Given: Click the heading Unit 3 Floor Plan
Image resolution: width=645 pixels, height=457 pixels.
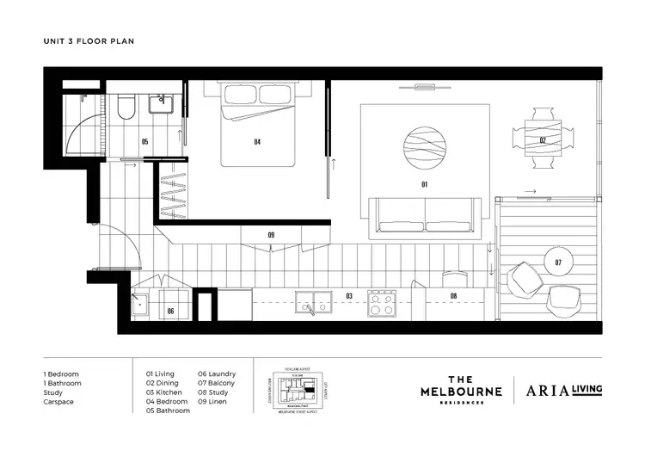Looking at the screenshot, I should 89,40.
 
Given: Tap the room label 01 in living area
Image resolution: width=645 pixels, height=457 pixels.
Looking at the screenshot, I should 424,184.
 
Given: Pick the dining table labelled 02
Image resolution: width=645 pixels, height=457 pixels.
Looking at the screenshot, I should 543,139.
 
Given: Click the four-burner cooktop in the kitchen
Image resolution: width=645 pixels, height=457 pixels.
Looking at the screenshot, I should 381,302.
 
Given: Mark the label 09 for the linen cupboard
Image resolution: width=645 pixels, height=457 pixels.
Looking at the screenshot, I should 271,234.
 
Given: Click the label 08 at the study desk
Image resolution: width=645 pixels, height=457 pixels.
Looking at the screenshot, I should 453,295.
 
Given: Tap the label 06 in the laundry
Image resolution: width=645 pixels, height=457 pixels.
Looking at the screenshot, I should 170,311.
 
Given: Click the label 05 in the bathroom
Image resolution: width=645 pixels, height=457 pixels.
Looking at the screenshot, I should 144,141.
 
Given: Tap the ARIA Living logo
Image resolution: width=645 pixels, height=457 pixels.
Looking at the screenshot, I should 564,389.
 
